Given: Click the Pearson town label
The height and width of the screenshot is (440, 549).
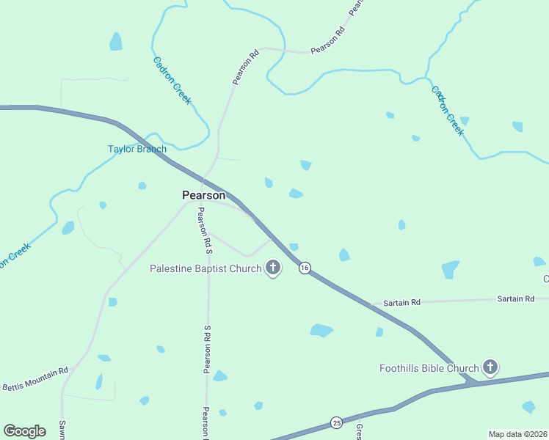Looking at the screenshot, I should [204, 195].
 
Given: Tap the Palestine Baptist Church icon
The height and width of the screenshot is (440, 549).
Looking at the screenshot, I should [273, 268].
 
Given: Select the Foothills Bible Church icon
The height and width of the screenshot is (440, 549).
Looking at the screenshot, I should [490, 367].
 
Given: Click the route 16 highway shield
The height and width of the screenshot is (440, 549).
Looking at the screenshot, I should [305, 268].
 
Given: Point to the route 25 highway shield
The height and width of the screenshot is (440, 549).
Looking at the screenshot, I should [337, 422].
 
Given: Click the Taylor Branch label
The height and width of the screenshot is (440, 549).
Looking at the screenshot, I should [137, 149].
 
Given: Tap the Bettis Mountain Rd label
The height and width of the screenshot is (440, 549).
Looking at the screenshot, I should [34, 379].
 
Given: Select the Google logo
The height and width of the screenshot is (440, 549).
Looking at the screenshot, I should [24, 431].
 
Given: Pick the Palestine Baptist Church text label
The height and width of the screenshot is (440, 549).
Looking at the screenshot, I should [206, 268].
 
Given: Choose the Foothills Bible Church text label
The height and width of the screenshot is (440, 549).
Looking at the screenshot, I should [429, 368].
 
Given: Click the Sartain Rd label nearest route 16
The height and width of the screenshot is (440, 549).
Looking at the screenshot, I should [401, 302].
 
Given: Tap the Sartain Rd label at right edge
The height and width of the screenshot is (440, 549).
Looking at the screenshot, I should [515, 298].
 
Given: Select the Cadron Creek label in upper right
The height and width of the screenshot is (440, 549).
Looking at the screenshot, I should [447, 111].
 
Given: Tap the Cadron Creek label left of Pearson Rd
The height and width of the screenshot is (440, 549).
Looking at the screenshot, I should [172, 81].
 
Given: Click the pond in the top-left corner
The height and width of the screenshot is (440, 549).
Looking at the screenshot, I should [116, 42].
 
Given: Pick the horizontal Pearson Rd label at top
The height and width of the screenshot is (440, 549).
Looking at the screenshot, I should [327, 42].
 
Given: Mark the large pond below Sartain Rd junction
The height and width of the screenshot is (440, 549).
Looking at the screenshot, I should [321, 330].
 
